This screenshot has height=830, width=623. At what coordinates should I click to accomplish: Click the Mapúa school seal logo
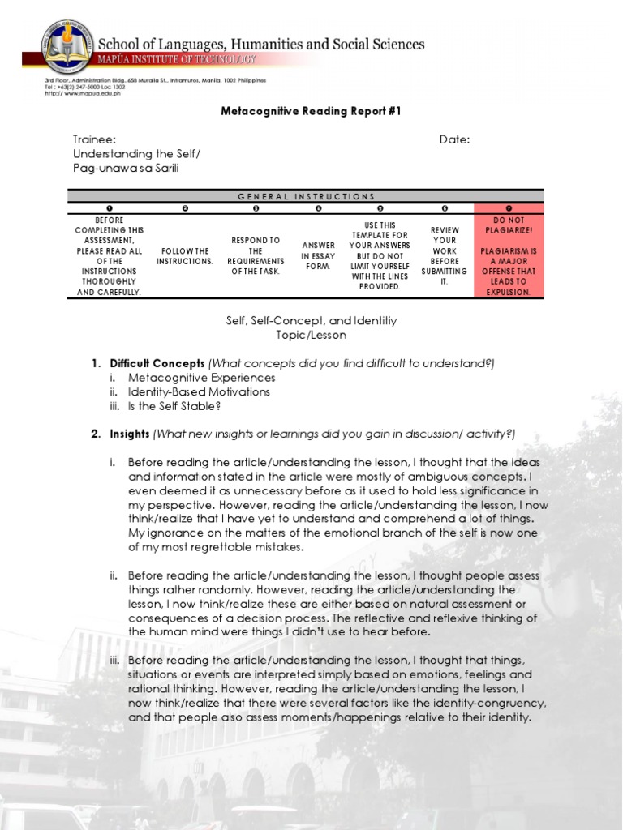[69, 48]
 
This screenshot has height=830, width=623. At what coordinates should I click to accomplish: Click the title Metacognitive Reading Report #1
[311, 111]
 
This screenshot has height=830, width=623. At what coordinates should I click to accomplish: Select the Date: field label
[454, 139]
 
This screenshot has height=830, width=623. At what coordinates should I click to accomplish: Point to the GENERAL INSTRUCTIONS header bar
[306, 196]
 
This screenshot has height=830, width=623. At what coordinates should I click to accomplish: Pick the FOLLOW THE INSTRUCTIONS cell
[184, 256]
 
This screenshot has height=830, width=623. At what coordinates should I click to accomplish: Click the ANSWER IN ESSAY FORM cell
[318, 256]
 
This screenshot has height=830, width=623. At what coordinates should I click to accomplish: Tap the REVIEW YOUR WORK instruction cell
[444, 256]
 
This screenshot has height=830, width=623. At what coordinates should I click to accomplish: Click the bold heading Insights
[130, 434]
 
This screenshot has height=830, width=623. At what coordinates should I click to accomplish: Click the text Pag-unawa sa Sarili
[125, 168]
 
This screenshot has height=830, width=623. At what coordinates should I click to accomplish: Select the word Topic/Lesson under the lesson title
[310, 335]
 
